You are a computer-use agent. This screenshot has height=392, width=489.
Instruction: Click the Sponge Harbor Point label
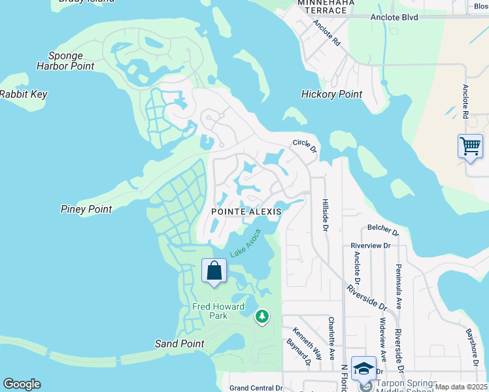coord(71,61)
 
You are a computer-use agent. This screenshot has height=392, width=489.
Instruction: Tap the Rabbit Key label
coord(24,94)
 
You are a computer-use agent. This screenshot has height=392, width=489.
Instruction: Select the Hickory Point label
coord(331,94)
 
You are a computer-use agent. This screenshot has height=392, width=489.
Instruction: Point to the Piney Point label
coord(86,209)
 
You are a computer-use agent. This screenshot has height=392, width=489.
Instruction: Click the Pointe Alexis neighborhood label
coord(246,212)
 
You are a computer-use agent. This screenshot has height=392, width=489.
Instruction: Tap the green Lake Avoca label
coord(245,244)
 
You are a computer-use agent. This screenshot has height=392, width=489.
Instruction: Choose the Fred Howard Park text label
coord(218,311)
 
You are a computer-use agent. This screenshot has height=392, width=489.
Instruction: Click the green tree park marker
coord(262,317)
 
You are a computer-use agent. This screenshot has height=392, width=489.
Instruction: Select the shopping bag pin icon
coord(214,270)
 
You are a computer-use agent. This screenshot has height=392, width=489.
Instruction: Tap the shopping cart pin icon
coord(470,146)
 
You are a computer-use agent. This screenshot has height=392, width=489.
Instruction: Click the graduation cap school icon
coord(363,368)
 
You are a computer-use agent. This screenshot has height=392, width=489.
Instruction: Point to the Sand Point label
coord(179,344)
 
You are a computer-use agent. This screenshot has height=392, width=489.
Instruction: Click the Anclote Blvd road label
coord(394,17)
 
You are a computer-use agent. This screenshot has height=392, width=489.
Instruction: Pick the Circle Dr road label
coord(305,146)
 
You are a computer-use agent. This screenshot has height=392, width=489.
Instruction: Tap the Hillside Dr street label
coord(324,214)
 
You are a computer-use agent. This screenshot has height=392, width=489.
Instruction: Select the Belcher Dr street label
coord(382,230)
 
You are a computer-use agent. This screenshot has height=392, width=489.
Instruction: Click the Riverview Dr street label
coord(370,246)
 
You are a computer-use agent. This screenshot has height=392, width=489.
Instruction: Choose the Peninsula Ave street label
coord(397,285)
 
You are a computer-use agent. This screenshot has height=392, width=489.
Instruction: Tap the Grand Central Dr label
coord(256,387)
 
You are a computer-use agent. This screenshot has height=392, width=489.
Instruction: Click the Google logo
coord(22,384)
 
